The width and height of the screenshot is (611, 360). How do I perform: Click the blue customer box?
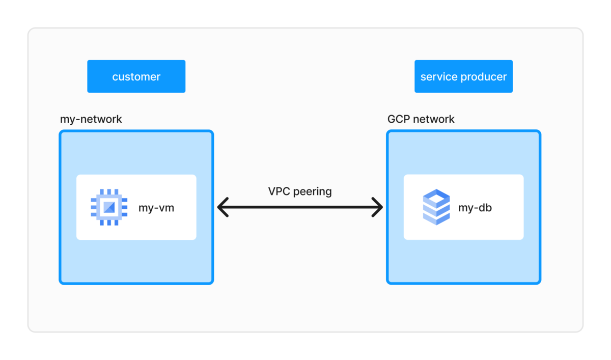[136, 76]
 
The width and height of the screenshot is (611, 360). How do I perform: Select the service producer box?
[463, 76]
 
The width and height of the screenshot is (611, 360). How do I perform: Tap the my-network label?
[91, 119]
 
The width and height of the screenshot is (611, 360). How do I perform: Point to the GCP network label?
[421, 119]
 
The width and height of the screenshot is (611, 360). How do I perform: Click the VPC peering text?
[300, 191]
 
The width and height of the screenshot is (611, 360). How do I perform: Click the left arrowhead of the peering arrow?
[222, 207]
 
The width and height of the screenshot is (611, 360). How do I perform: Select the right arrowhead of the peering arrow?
[378, 207]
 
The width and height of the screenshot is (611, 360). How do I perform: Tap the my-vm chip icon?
[108, 207]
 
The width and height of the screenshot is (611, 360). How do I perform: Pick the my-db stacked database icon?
[436, 207]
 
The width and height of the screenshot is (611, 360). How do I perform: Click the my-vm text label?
[156, 208]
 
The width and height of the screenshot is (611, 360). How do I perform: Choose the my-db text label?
[475, 208]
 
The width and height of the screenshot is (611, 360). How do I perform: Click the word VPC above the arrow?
[279, 191]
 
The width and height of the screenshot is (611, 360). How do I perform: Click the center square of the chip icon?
[108, 207]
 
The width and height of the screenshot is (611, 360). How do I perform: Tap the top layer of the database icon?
[436, 196]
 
